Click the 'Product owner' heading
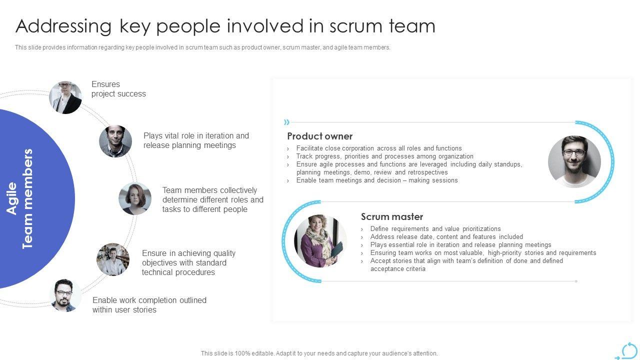pyautogui.click(x=319, y=136)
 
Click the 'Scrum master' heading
pyautogui.click(x=392, y=216)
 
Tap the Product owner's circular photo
pyautogui.click(x=574, y=162)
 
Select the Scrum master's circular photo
pyautogui.click(x=320, y=241)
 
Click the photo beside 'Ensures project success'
pyautogui.click(x=65, y=97)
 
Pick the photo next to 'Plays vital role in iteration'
pyautogui.click(x=115, y=141)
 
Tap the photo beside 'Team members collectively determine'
pyautogui.click(x=135, y=198)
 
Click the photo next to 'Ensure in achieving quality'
pyautogui.click(x=113, y=259)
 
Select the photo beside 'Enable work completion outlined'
pyautogui.click(x=65, y=295)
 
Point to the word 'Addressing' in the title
pyautogui.click(x=63, y=26)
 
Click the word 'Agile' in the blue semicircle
pyautogui.click(x=12, y=198)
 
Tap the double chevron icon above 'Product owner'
pyautogui.click(x=286, y=122)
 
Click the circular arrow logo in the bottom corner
pyautogui.click(x=628, y=350)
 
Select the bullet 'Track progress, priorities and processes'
pyautogui.click(x=384, y=156)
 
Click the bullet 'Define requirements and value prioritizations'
pyautogui.click(x=435, y=228)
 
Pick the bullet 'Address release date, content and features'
pyautogui.click(x=446, y=236)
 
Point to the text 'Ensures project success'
pyautogui.click(x=118, y=89)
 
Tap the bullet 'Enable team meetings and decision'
pyautogui.click(x=376, y=180)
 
